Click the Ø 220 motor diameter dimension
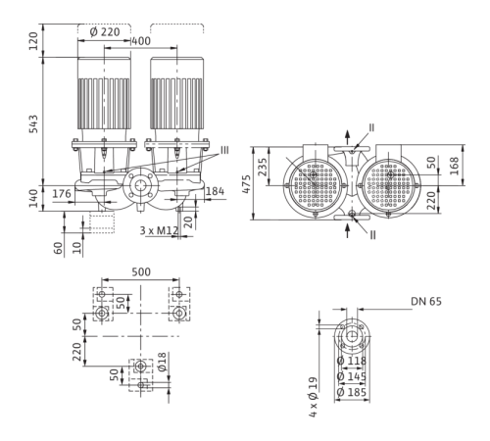coord(105,32)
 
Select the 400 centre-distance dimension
coord(141,41)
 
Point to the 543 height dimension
coord(33,123)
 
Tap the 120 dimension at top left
coord(33,41)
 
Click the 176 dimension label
coord(62,194)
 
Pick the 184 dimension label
coord(215,191)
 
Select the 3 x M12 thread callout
coord(159,230)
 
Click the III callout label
coord(224,150)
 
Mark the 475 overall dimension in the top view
coord(246,184)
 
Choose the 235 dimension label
coord(263,167)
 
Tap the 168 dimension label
coord(454,166)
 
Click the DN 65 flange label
coord(426,301)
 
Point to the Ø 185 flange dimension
coord(352,392)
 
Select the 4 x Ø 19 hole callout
coord(313,397)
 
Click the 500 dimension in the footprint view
coord(141,271)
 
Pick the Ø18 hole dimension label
coord(162,362)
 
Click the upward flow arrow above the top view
coord(348,137)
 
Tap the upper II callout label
coord(371,127)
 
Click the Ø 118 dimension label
coord(352,361)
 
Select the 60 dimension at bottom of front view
coord(58,248)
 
